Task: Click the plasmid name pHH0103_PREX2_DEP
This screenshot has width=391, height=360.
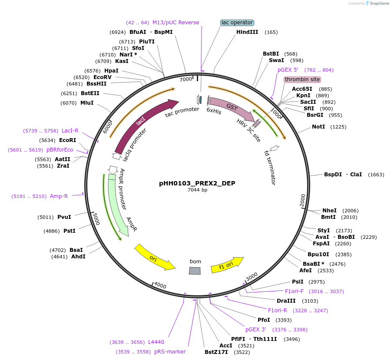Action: pyautogui.click(x=197, y=183)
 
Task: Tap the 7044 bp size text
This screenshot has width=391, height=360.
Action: pyautogui.click(x=197, y=190)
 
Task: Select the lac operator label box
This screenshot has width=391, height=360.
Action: pyautogui.click(x=237, y=23)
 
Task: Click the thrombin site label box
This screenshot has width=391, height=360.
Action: pyautogui.click(x=302, y=79)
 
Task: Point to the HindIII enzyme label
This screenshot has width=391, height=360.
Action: pyautogui.click(x=247, y=32)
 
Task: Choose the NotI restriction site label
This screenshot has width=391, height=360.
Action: pyautogui.click(x=318, y=127)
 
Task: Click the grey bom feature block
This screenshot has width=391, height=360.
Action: pyautogui.click(x=195, y=271)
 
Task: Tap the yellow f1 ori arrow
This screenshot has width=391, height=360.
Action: pyautogui.click(x=227, y=265)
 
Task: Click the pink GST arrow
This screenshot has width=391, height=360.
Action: pyautogui.click(x=231, y=109)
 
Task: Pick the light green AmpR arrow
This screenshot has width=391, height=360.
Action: pyautogui.click(x=118, y=204)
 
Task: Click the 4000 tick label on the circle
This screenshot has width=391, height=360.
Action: pyautogui.click(x=160, y=285)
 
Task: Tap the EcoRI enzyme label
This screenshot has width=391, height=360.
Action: pyautogui.click(x=67, y=140)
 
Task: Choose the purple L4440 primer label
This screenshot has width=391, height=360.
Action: pyautogui.click(x=156, y=342)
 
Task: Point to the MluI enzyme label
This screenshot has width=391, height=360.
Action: pyautogui.click(x=87, y=103)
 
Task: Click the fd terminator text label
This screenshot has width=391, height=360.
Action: pyautogui.click(x=270, y=168)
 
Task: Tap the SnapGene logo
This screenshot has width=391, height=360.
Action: pyautogui.click(x=377, y=3)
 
